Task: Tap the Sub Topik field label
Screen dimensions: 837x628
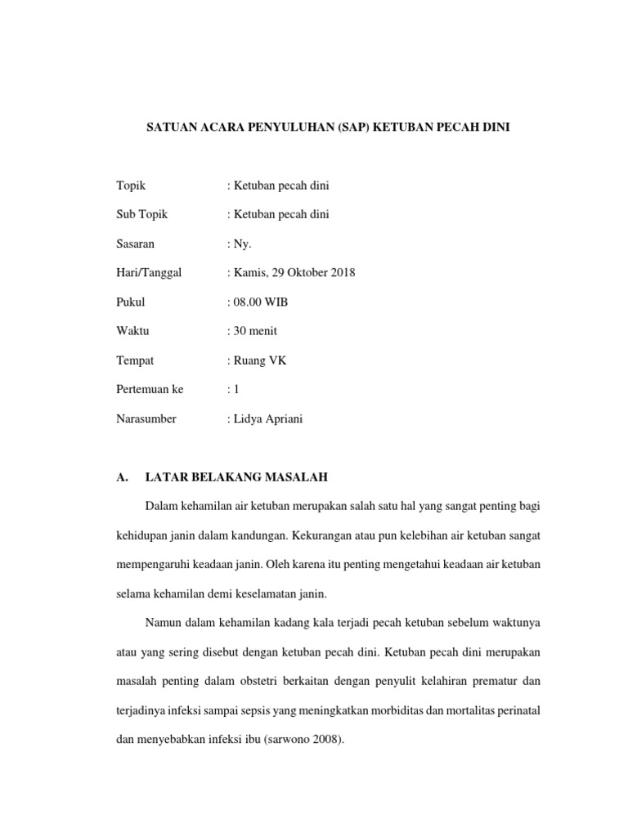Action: point(141,214)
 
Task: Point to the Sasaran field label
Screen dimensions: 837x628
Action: point(136,244)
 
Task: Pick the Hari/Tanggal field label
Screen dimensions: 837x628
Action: point(149,273)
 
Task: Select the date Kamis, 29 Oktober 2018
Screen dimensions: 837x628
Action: point(293,273)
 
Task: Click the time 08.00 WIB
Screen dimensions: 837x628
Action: point(259,302)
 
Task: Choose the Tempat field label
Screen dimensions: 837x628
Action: point(135,360)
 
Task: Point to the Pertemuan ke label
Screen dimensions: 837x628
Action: point(150,390)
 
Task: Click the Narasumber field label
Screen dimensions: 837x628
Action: point(146,419)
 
